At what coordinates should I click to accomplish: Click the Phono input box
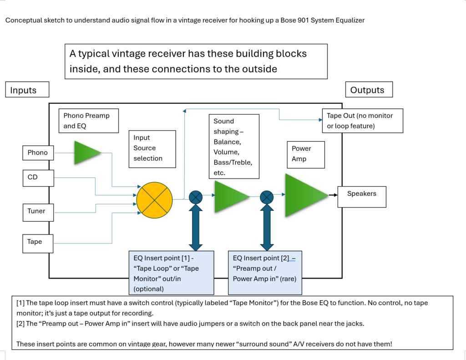(38, 153)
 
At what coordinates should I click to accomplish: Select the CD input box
(38, 177)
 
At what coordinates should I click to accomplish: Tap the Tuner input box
(38, 211)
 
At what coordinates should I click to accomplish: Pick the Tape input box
(38, 242)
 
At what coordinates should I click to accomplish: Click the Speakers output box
(362, 196)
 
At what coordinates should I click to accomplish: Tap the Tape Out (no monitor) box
(362, 121)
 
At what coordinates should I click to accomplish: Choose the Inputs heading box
(27, 90)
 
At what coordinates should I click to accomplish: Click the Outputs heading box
(369, 90)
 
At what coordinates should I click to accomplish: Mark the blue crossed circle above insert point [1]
(196, 197)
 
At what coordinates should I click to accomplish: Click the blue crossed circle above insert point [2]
(266, 197)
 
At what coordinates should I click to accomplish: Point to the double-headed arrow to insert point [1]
(196, 226)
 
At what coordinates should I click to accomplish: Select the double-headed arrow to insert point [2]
(266, 226)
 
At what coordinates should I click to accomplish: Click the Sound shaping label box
(236, 147)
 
